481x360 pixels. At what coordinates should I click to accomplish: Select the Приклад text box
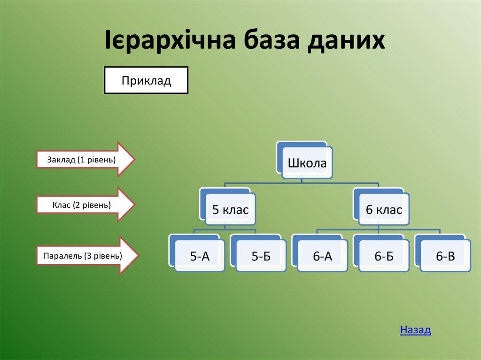click(x=146, y=80)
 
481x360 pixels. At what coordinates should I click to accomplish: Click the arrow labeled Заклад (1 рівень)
click(x=85, y=159)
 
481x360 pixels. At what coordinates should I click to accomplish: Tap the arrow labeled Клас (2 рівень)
click(x=85, y=205)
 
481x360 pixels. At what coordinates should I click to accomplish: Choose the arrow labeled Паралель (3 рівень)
click(x=87, y=255)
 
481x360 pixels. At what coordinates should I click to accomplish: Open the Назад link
click(x=415, y=329)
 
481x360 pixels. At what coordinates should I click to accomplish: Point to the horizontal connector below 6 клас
click(x=379, y=230)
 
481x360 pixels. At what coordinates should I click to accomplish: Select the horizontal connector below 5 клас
click(x=225, y=230)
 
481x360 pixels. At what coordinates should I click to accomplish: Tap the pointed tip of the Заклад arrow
click(x=135, y=159)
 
